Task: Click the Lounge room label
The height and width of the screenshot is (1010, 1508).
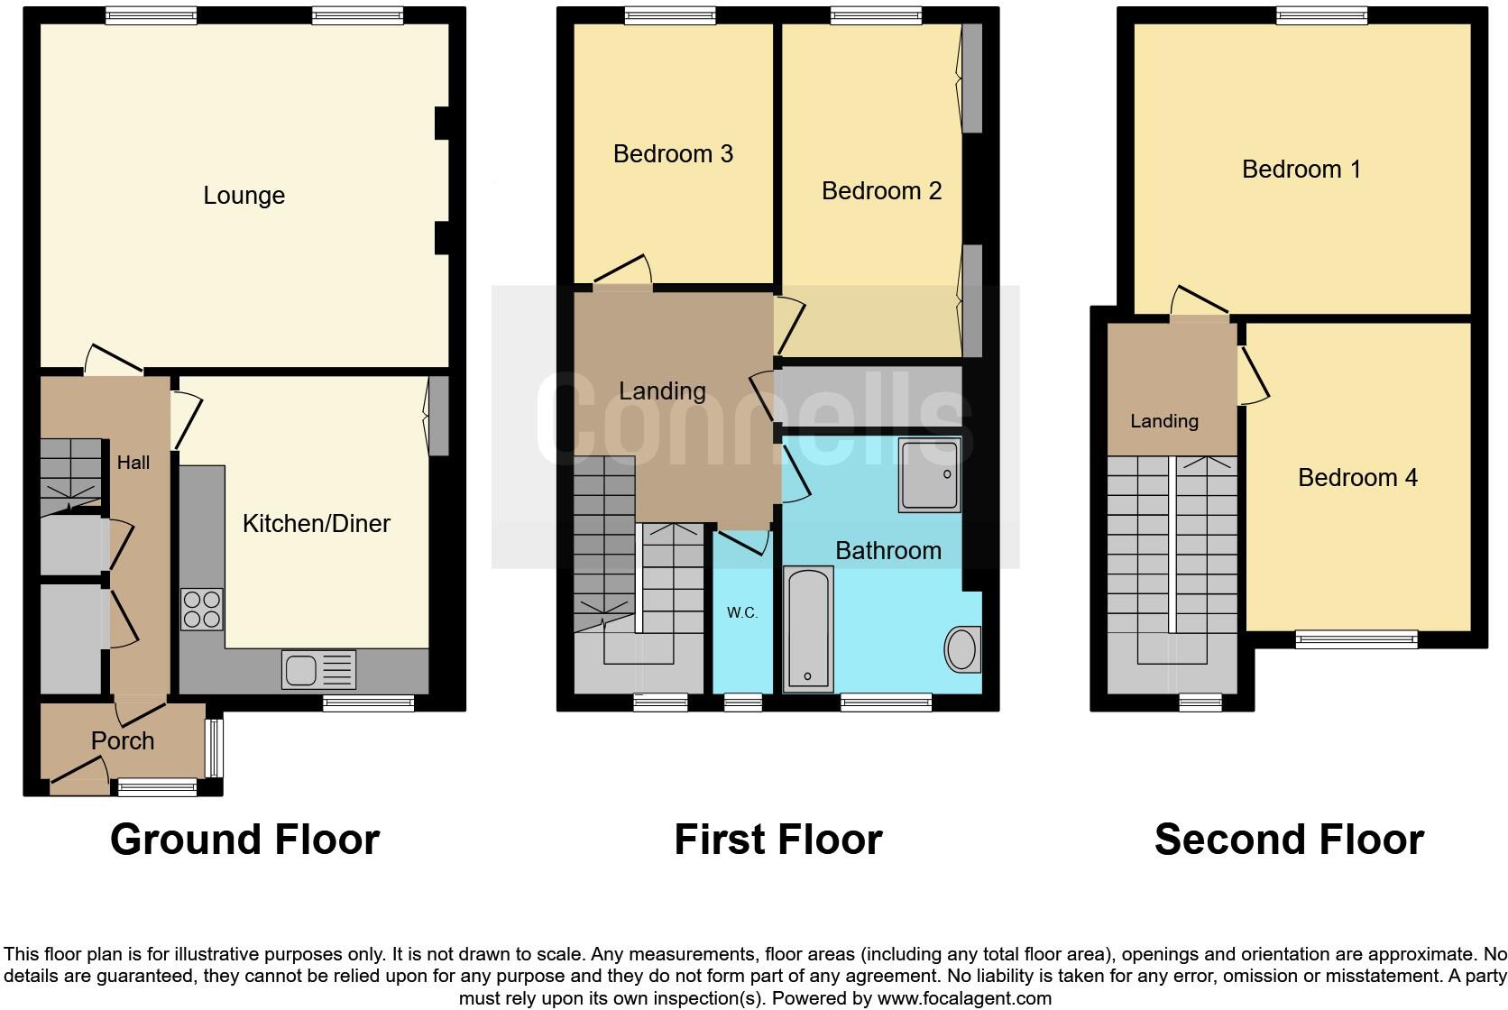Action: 244,196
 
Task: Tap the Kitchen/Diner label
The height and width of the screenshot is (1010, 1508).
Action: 316,523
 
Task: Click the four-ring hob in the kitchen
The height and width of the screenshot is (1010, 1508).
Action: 202,609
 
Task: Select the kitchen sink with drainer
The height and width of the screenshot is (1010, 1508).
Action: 318,670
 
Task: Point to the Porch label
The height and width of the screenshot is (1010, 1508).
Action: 123,740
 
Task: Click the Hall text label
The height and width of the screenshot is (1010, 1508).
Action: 133,463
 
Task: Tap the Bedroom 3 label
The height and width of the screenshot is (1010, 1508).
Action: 673,154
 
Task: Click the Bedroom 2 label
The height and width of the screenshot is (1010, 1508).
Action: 881,191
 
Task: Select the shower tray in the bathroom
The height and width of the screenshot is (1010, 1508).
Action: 928,476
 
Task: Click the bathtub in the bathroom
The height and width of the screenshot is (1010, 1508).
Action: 807,629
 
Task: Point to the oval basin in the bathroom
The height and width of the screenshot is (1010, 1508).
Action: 961,649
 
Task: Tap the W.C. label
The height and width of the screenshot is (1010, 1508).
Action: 742,613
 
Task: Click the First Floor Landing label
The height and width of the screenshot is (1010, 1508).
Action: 662,390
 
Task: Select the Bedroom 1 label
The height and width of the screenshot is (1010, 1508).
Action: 1301,170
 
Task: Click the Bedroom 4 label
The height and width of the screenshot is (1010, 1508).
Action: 1357,478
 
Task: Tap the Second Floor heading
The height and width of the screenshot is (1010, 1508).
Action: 1288,840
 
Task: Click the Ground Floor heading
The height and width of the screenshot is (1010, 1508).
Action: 244,840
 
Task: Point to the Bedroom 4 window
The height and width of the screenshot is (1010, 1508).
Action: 1356,639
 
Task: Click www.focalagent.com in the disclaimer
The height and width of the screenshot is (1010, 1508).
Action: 964,998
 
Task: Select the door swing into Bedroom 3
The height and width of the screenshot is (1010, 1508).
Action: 623,271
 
